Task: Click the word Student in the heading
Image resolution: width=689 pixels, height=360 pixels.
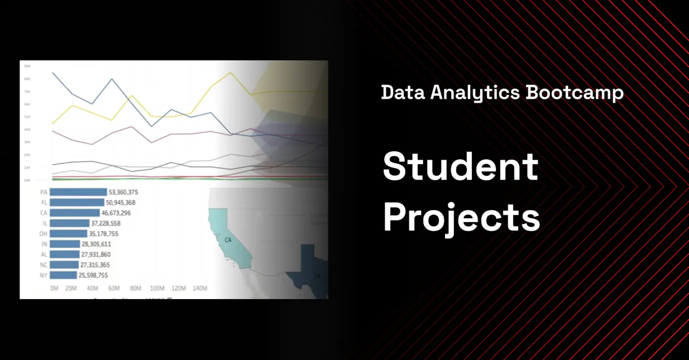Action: pos(460,167)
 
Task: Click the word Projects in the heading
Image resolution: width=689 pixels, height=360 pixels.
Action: pos(461,218)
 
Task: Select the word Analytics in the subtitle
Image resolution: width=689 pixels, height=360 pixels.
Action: pos(470,92)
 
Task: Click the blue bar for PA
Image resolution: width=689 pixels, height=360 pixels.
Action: pos(78,192)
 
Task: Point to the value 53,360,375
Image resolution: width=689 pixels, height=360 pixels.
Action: pos(127,192)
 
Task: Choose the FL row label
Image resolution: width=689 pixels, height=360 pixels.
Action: pos(43,203)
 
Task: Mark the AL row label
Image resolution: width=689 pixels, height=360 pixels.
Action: pos(43,254)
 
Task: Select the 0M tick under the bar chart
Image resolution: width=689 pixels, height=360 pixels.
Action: pos(54,288)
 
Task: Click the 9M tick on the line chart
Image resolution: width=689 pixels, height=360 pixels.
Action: pos(26,66)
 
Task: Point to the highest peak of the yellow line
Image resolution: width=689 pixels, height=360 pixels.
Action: pos(231,73)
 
